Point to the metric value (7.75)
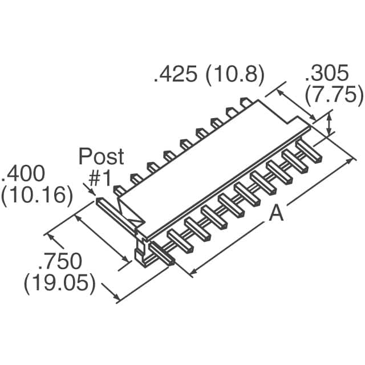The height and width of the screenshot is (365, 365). click(334, 95)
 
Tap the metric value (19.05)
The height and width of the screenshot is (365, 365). click(60, 283)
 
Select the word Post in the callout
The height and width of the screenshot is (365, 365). click(100, 156)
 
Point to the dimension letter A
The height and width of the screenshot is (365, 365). click(276, 213)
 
